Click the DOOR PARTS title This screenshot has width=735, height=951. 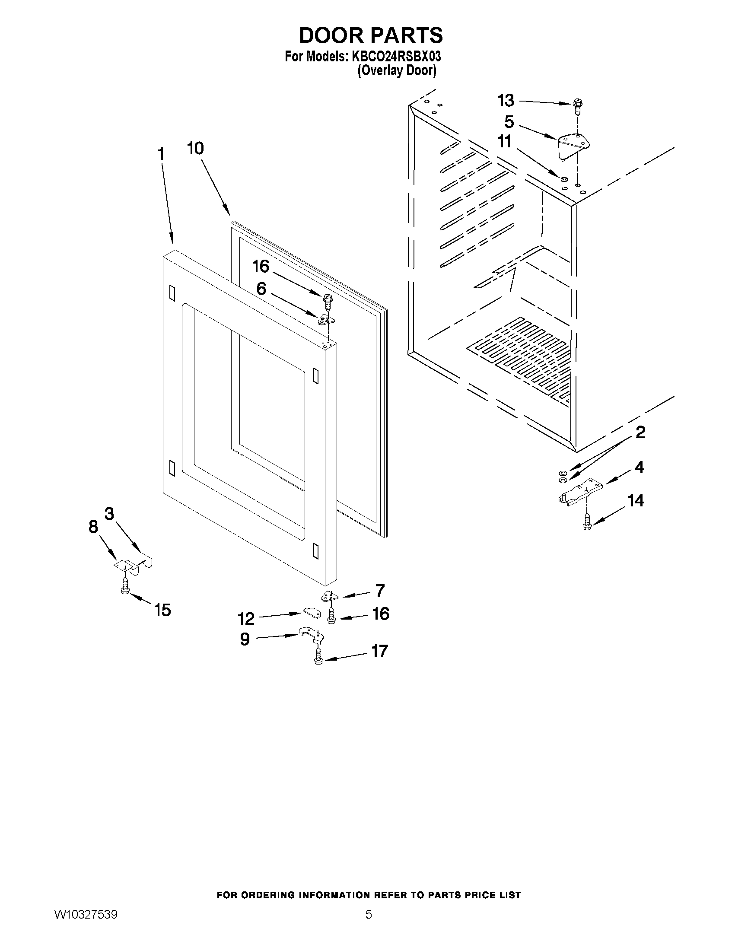pos(371,35)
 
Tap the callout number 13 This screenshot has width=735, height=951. pos(506,101)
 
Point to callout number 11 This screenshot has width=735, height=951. pos(505,142)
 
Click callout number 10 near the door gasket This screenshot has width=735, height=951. pos(195,149)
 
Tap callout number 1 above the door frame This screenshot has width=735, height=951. pos(161,154)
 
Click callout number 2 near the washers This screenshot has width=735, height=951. pos(640,433)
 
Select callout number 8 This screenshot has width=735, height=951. pos(93,527)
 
